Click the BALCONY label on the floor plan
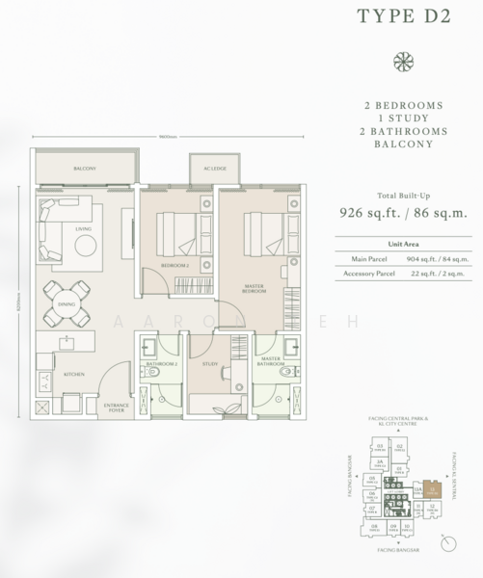pos(84,170)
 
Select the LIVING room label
pos(83,228)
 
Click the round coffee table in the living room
pos(85,246)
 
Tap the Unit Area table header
pos(402,244)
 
